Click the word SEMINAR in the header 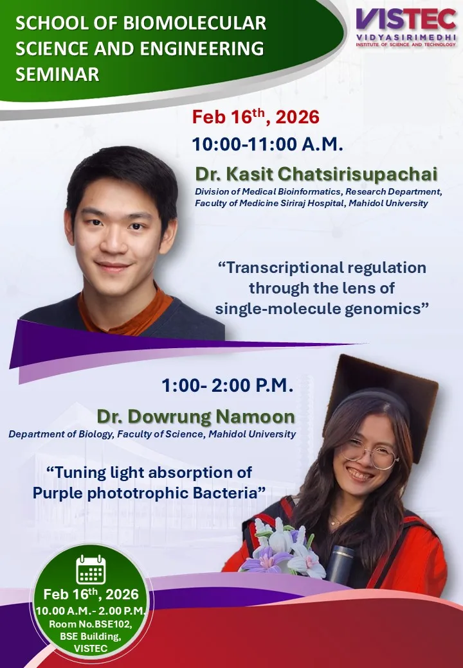[x=57, y=74]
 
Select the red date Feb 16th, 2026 [x=255, y=117]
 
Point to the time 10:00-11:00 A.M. [x=268, y=144]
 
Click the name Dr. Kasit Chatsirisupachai [x=316, y=174]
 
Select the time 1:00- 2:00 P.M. [x=227, y=385]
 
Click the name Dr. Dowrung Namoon [x=195, y=416]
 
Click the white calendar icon [x=91, y=569]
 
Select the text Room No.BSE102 [x=91, y=624]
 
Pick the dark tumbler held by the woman [x=340, y=565]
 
